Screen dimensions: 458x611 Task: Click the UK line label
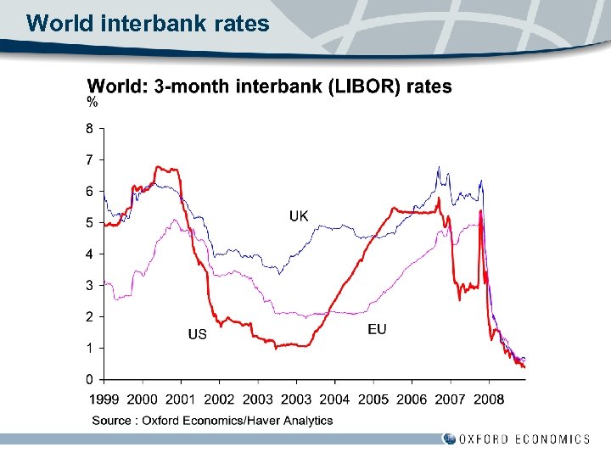click(x=299, y=216)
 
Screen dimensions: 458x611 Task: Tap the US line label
click(x=197, y=334)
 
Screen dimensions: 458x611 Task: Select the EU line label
click(x=377, y=329)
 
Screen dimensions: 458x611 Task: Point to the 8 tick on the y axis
click(x=89, y=128)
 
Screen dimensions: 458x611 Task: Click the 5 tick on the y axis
click(x=89, y=222)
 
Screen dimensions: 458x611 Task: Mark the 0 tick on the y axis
click(x=89, y=379)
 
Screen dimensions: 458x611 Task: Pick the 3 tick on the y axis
click(x=89, y=285)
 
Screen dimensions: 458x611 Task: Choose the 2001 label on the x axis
click(x=180, y=399)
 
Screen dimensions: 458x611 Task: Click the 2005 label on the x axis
click(x=373, y=399)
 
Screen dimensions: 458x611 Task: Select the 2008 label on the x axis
click(x=489, y=399)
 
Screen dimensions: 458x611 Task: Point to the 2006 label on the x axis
click(x=412, y=399)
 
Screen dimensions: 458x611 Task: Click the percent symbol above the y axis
click(x=92, y=103)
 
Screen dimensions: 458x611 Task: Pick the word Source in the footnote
click(x=112, y=420)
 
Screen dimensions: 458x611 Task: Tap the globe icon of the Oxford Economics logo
click(x=449, y=438)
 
